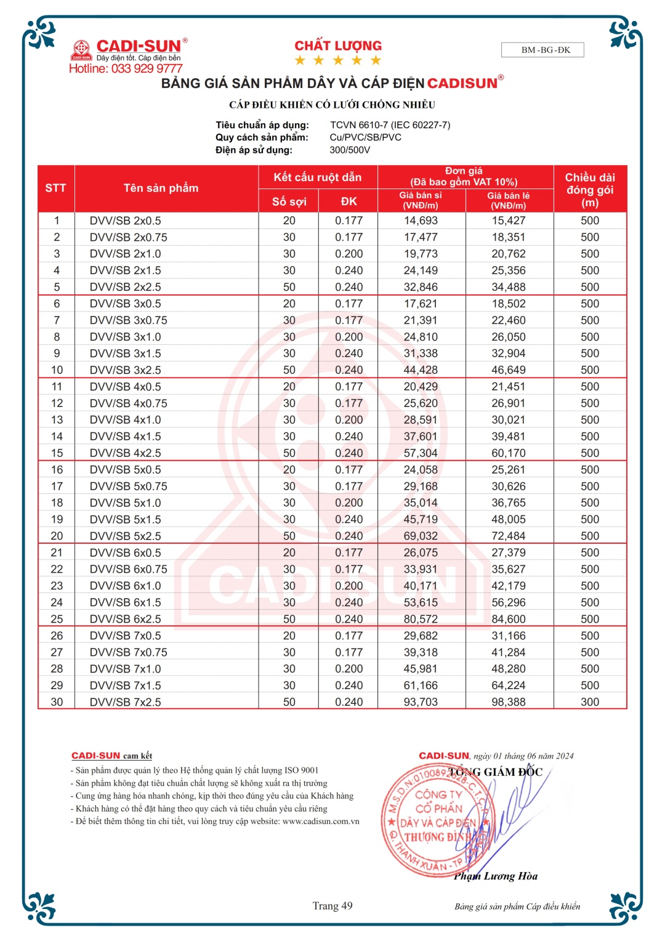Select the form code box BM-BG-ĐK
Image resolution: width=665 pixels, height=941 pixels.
(x=542, y=50)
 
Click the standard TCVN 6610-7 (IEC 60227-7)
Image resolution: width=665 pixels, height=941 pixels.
(x=390, y=125)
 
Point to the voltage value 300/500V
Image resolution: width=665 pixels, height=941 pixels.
(x=350, y=150)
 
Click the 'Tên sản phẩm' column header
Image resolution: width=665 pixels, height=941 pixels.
(x=161, y=188)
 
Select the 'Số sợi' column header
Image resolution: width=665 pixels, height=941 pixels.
(x=289, y=201)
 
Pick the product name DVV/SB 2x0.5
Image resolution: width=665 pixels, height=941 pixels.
(x=125, y=220)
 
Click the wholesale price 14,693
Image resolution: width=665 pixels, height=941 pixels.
(x=421, y=220)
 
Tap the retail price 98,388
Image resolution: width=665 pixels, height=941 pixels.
(x=508, y=702)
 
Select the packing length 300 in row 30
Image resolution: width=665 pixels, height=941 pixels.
(x=589, y=702)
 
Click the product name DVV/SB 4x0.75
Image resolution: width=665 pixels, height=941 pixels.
(x=128, y=403)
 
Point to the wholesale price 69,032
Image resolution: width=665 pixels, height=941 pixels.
(x=421, y=536)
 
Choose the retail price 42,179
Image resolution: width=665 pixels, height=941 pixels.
(x=508, y=586)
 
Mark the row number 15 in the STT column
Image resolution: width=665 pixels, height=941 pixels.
(x=57, y=453)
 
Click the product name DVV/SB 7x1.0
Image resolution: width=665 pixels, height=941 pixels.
(x=125, y=669)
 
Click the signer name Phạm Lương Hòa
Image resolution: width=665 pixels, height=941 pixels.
(x=496, y=876)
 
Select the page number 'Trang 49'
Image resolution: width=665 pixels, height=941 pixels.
(x=332, y=906)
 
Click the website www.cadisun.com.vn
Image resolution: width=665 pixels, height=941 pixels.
(x=321, y=822)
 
